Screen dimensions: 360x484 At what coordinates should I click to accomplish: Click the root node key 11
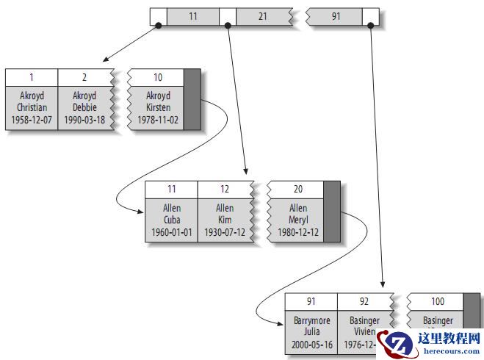click(192, 15)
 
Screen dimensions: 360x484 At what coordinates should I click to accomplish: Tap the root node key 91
click(336, 15)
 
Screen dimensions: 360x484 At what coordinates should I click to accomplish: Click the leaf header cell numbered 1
click(32, 77)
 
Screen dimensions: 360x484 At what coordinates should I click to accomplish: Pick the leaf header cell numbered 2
click(84, 77)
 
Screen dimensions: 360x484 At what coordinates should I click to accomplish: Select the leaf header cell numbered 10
click(158, 77)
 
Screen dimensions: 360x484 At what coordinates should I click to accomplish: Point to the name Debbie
click(84, 107)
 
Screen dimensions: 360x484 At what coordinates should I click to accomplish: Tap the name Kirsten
click(158, 107)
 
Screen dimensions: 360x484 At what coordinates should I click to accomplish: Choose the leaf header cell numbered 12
click(225, 189)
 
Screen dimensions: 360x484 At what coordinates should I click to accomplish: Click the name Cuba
click(172, 220)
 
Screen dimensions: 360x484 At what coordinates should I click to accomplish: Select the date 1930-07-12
click(225, 232)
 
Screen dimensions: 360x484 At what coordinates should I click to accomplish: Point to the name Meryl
click(298, 220)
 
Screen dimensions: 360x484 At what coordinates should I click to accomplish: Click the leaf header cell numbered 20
click(298, 189)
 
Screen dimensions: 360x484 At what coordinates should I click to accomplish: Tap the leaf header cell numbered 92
click(364, 301)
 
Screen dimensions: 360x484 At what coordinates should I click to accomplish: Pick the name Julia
click(312, 331)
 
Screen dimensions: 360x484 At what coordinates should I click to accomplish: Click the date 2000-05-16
click(312, 344)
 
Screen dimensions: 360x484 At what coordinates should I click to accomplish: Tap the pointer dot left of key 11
click(158, 26)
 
